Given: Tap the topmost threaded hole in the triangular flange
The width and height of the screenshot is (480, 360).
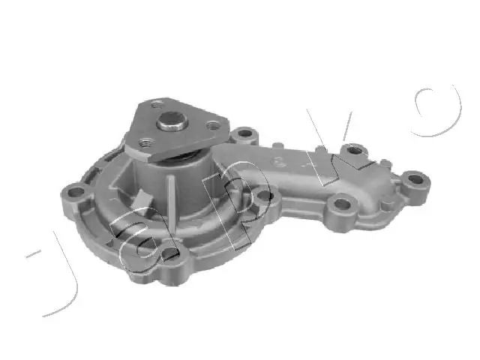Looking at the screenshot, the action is (x=157, y=105).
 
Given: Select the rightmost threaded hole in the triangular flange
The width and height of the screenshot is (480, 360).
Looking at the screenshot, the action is (x=213, y=125).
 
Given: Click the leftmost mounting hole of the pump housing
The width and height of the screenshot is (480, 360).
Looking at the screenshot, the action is (x=76, y=192).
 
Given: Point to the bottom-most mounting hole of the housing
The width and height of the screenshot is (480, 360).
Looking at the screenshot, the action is (x=169, y=253).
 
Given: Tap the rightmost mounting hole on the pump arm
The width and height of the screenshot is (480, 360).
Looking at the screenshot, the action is (x=415, y=178).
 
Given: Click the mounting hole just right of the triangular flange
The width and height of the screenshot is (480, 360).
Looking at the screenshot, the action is (x=244, y=133).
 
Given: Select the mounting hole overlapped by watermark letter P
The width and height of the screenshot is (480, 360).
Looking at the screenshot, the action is (x=264, y=196).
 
